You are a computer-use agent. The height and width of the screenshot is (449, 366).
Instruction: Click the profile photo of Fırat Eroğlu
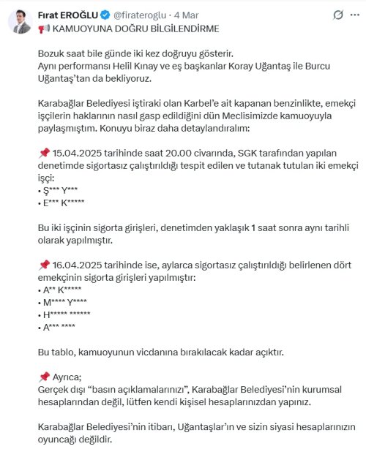[x=20, y=20]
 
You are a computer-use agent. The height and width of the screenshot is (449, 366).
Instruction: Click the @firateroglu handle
[x=140, y=15]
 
